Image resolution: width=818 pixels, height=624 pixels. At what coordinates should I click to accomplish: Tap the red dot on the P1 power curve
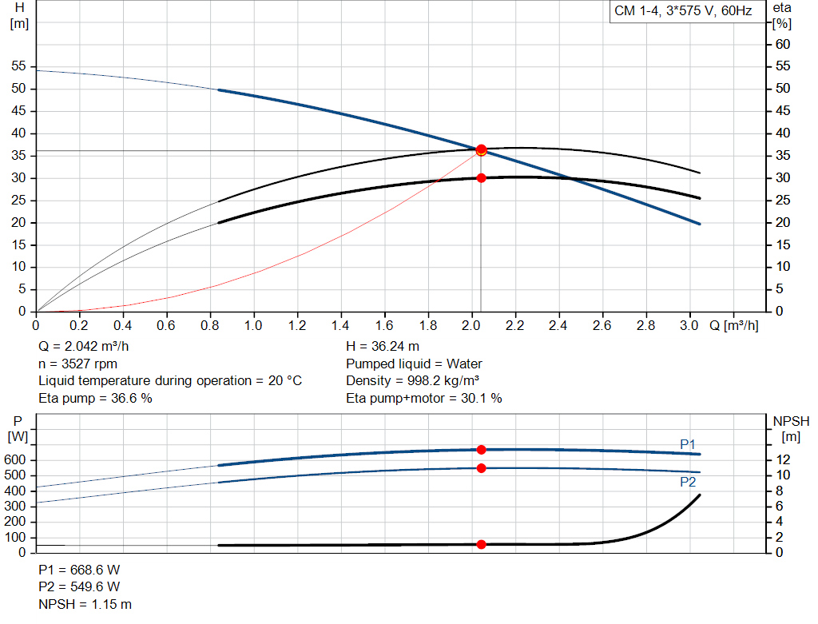coord(482,450)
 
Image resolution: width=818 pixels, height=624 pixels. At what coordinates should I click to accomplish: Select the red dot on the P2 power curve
coord(482,468)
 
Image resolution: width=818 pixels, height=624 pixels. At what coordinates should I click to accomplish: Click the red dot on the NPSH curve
coord(482,545)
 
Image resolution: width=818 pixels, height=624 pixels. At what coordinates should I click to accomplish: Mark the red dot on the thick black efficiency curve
coord(482,178)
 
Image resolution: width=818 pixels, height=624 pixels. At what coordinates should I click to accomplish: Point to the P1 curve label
coord(688,444)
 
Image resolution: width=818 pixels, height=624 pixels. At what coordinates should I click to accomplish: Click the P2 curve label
coord(688,482)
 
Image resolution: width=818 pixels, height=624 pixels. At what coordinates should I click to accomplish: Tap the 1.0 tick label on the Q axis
coord(253,325)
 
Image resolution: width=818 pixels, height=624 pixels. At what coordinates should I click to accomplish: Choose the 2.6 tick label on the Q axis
coord(602,325)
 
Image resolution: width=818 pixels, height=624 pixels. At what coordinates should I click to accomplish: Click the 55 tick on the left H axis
coord(18,66)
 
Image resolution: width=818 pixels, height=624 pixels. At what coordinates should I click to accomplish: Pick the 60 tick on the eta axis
coord(783,45)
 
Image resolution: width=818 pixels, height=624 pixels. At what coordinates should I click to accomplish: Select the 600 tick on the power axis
coord(14,460)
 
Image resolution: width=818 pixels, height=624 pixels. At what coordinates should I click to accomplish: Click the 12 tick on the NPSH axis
coord(783,459)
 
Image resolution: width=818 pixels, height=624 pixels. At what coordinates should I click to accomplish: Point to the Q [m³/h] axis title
coord(734,325)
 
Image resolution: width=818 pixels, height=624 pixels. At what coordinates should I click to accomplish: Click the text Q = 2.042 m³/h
coord(83,347)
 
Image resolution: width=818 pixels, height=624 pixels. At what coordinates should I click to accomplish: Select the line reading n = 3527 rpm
coord(77,364)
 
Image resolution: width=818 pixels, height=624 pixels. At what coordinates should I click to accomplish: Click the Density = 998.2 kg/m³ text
coord(413,381)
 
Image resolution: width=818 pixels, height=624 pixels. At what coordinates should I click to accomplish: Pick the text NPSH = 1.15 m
coord(85,605)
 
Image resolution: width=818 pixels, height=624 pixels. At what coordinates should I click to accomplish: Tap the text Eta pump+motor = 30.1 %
coord(424,399)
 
